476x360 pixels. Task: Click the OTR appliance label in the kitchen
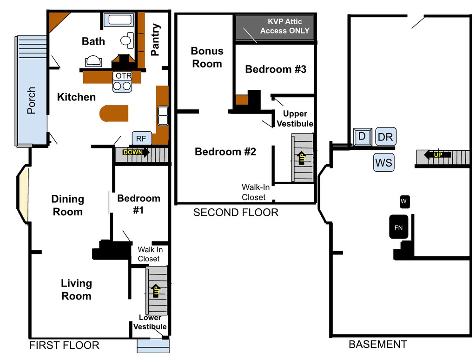pyautogui.click(x=124, y=75)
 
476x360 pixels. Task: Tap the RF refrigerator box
pyautogui.click(x=141, y=138)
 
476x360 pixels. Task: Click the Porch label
pyautogui.click(x=31, y=100)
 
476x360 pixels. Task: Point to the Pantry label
pyautogui.click(x=156, y=40)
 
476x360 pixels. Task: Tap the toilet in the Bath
pyautogui.click(x=126, y=40)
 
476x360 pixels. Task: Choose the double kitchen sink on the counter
pyautogui.click(x=163, y=116)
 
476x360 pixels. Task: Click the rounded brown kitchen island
pyautogui.click(x=114, y=113)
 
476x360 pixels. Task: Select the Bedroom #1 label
pyautogui.click(x=139, y=204)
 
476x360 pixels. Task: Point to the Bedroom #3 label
pyautogui.click(x=276, y=69)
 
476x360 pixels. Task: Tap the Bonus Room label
pyautogui.click(x=207, y=57)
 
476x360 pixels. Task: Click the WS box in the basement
pyautogui.click(x=383, y=163)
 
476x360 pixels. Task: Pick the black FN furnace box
pyautogui.click(x=398, y=227)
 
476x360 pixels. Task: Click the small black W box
pyautogui.click(x=404, y=201)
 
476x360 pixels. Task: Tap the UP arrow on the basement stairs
pyautogui.click(x=437, y=155)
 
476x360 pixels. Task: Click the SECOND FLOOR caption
pyautogui.click(x=236, y=213)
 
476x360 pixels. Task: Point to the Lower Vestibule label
pyautogui.click(x=150, y=322)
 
